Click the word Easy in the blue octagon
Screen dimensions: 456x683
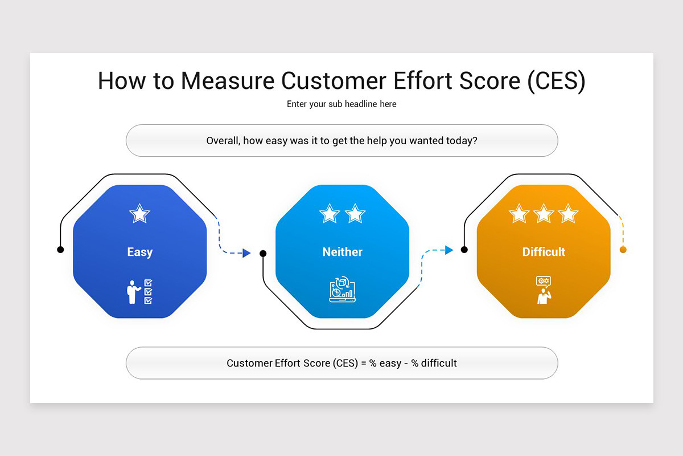(139, 252)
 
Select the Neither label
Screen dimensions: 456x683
(342, 252)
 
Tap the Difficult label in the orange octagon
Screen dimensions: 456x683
(544, 252)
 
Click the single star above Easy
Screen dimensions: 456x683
(139, 214)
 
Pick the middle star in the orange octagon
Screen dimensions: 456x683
(544, 214)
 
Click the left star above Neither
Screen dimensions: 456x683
(330, 214)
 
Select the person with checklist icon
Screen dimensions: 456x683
(139, 291)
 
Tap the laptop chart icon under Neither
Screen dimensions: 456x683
(342, 290)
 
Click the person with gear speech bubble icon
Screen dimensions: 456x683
(544, 290)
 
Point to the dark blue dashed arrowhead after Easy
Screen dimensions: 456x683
(246, 253)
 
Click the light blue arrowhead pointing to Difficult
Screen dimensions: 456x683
(449, 250)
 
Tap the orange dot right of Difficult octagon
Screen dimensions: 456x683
(623, 250)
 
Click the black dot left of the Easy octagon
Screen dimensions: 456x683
(60, 250)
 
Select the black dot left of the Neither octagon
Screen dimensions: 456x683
(263, 253)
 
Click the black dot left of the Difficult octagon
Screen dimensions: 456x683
(464, 250)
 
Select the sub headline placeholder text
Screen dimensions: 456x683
(341, 104)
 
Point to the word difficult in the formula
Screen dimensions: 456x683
(439, 363)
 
